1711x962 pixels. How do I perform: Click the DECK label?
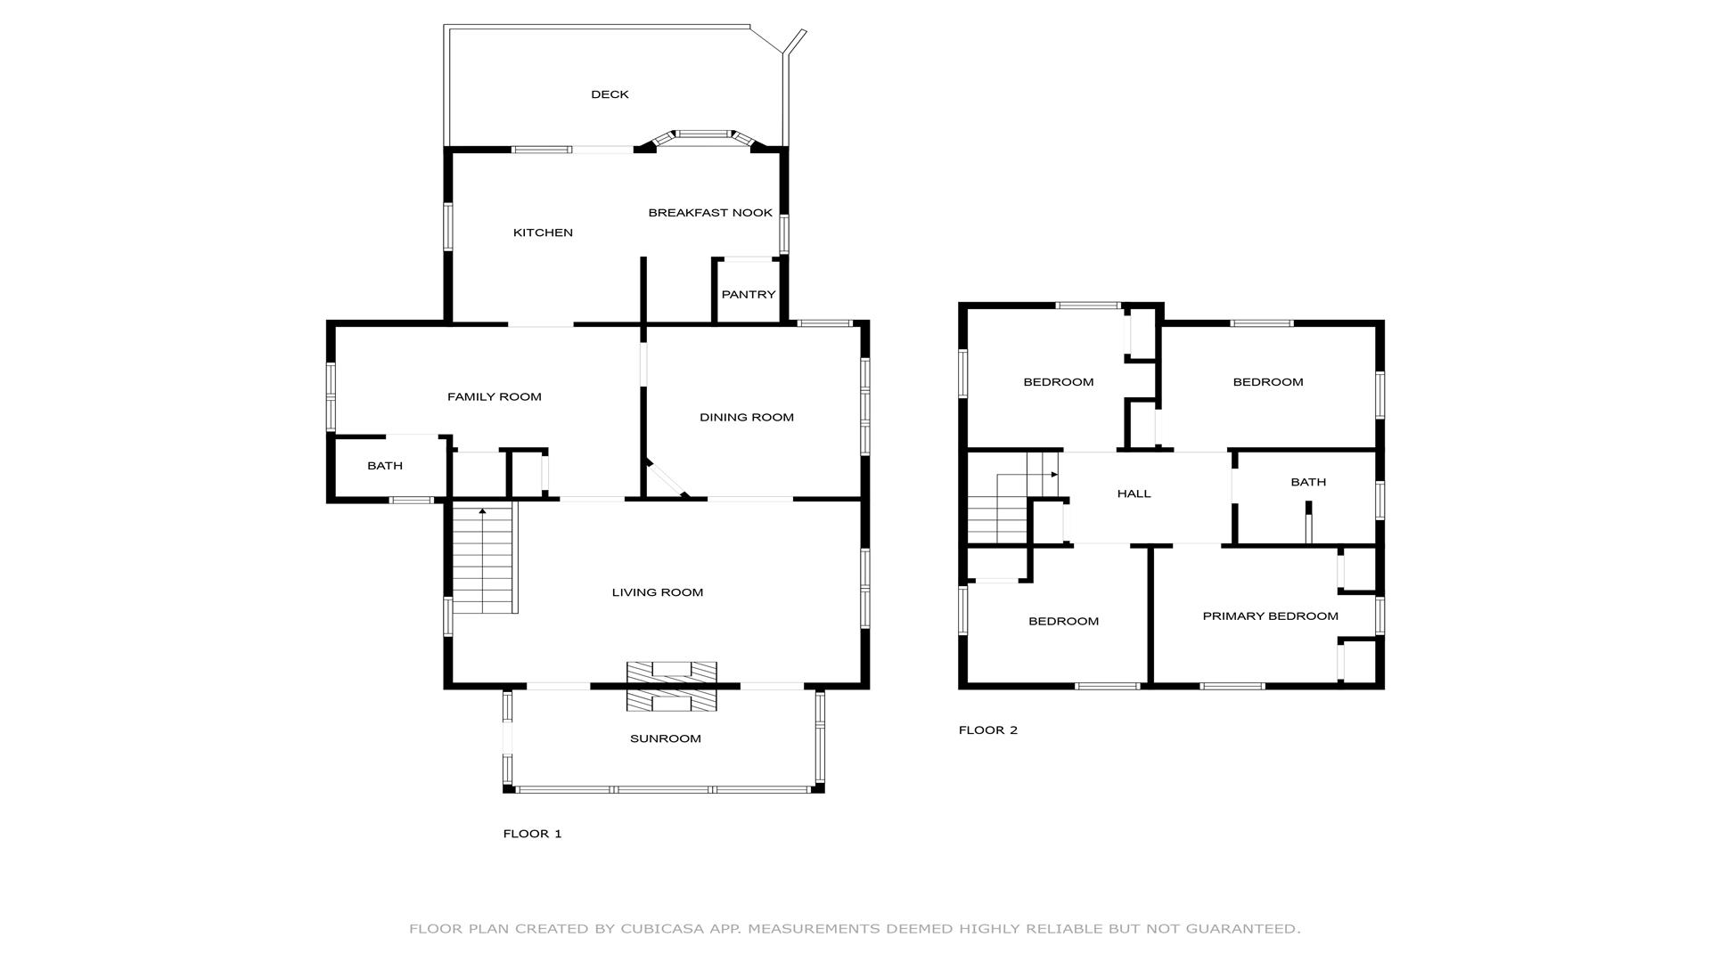click(610, 94)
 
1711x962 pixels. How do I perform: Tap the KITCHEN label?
click(543, 232)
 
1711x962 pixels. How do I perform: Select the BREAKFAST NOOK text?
click(710, 213)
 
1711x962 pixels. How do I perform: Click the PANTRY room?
click(749, 291)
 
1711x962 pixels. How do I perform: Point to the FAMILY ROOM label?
click(495, 396)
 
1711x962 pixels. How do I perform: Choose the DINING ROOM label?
click(747, 417)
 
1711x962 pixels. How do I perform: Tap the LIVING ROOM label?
click(658, 592)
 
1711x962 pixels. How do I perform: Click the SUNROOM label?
click(666, 738)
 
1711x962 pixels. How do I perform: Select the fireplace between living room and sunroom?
click(672, 686)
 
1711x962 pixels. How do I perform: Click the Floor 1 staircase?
click(484, 558)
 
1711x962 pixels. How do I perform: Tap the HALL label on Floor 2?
click(1134, 493)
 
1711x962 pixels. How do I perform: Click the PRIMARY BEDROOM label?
click(1271, 616)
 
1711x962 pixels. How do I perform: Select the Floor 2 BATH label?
click(1308, 482)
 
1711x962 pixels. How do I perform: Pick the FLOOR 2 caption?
click(988, 730)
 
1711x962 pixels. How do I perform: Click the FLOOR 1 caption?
click(533, 834)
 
